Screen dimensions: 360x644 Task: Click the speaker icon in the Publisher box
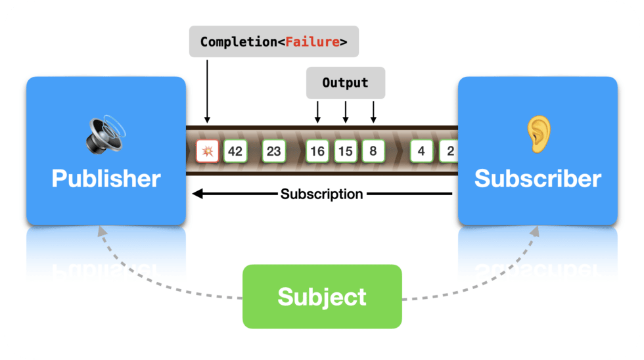pyautogui.click(x=105, y=134)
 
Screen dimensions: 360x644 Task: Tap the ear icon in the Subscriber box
pyautogui.click(x=538, y=134)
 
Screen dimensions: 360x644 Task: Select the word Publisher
pyautogui.click(x=106, y=178)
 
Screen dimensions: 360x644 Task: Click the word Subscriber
pyautogui.click(x=538, y=178)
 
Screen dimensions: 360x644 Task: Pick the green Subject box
pyautogui.click(x=322, y=296)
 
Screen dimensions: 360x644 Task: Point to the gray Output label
pyautogui.click(x=345, y=83)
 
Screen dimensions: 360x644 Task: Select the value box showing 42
pyautogui.click(x=235, y=152)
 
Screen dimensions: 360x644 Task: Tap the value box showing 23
pyautogui.click(x=273, y=152)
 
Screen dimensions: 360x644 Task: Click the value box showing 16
pyautogui.click(x=317, y=152)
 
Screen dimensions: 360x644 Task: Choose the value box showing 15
pyautogui.click(x=345, y=152)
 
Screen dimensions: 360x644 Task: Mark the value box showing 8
pyautogui.click(x=373, y=152)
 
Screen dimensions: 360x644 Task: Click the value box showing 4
pyautogui.click(x=421, y=152)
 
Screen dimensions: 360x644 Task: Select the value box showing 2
pyautogui.click(x=449, y=152)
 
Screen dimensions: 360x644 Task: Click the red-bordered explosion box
pyautogui.click(x=207, y=152)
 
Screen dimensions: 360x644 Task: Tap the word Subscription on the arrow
pyautogui.click(x=321, y=194)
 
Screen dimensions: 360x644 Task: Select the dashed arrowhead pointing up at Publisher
pyautogui.click(x=100, y=231)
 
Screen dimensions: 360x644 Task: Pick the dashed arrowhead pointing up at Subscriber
pyautogui.click(x=536, y=231)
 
